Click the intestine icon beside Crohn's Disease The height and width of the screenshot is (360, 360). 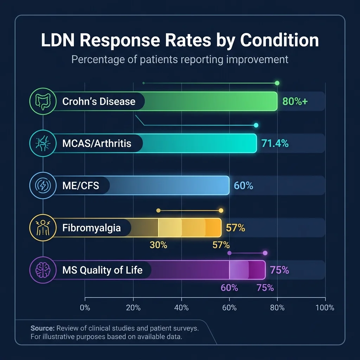(43, 101)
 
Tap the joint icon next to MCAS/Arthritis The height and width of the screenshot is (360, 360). (43, 143)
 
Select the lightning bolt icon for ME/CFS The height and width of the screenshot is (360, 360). (43, 185)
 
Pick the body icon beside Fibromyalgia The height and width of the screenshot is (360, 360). (43, 228)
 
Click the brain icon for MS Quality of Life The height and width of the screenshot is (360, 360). (43, 270)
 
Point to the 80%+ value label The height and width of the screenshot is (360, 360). (295, 102)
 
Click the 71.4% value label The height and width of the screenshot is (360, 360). (275, 143)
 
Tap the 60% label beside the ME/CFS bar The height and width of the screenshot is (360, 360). (243, 186)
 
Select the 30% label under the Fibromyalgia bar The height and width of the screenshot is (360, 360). (159, 245)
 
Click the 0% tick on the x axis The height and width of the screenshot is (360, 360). (85, 308)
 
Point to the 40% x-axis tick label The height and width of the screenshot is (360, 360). (181, 308)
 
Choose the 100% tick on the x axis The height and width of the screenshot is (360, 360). (324, 308)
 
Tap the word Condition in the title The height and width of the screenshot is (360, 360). (279, 40)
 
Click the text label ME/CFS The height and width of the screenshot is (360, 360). (81, 186)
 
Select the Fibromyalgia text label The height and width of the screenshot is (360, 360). (91, 228)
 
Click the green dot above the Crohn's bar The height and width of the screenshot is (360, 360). (277, 83)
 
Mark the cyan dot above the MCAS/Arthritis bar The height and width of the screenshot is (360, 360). (256, 125)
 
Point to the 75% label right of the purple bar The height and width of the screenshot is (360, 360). (279, 270)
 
